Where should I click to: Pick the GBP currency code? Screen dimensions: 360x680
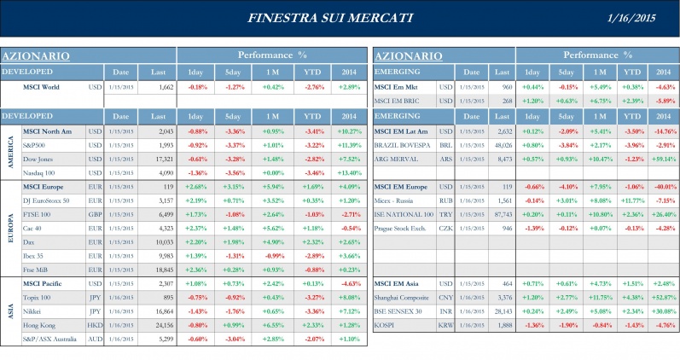pyautogui.click(x=95, y=215)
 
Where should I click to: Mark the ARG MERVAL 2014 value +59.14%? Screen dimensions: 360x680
pyautogui.click(x=663, y=159)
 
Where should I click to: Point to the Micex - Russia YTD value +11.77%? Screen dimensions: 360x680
pyautogui.click(x=631, y=201)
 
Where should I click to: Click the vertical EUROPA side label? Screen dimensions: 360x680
pyautogui.click(x=11, y=227)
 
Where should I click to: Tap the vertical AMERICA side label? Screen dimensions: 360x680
pyautogui.click(x=11, y=151)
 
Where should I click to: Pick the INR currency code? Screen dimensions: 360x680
pyautogui.click(x=445, y=311)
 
